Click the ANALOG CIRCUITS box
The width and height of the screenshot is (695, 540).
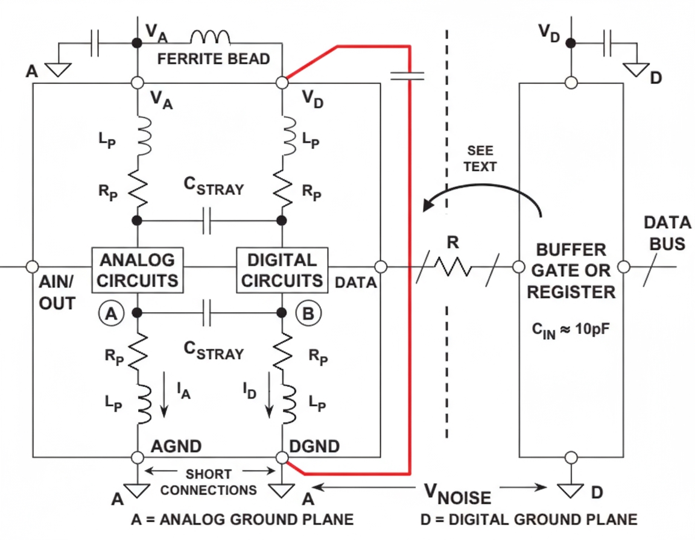[138, 270]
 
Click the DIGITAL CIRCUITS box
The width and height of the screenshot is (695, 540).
[282, 270]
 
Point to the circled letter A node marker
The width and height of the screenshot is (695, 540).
[110, 313]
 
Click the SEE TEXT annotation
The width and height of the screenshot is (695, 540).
[481, 159]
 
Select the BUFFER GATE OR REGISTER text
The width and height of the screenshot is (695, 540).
[571, 271]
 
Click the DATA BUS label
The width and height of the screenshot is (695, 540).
[666, 233]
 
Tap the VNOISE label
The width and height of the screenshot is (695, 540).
[457, 496]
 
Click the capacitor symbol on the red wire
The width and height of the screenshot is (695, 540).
[408, 75]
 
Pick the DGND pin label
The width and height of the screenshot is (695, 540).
[315, 447]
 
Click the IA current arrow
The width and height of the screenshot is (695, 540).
[163, 400]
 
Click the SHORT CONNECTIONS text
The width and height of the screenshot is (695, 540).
[209, 482]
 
